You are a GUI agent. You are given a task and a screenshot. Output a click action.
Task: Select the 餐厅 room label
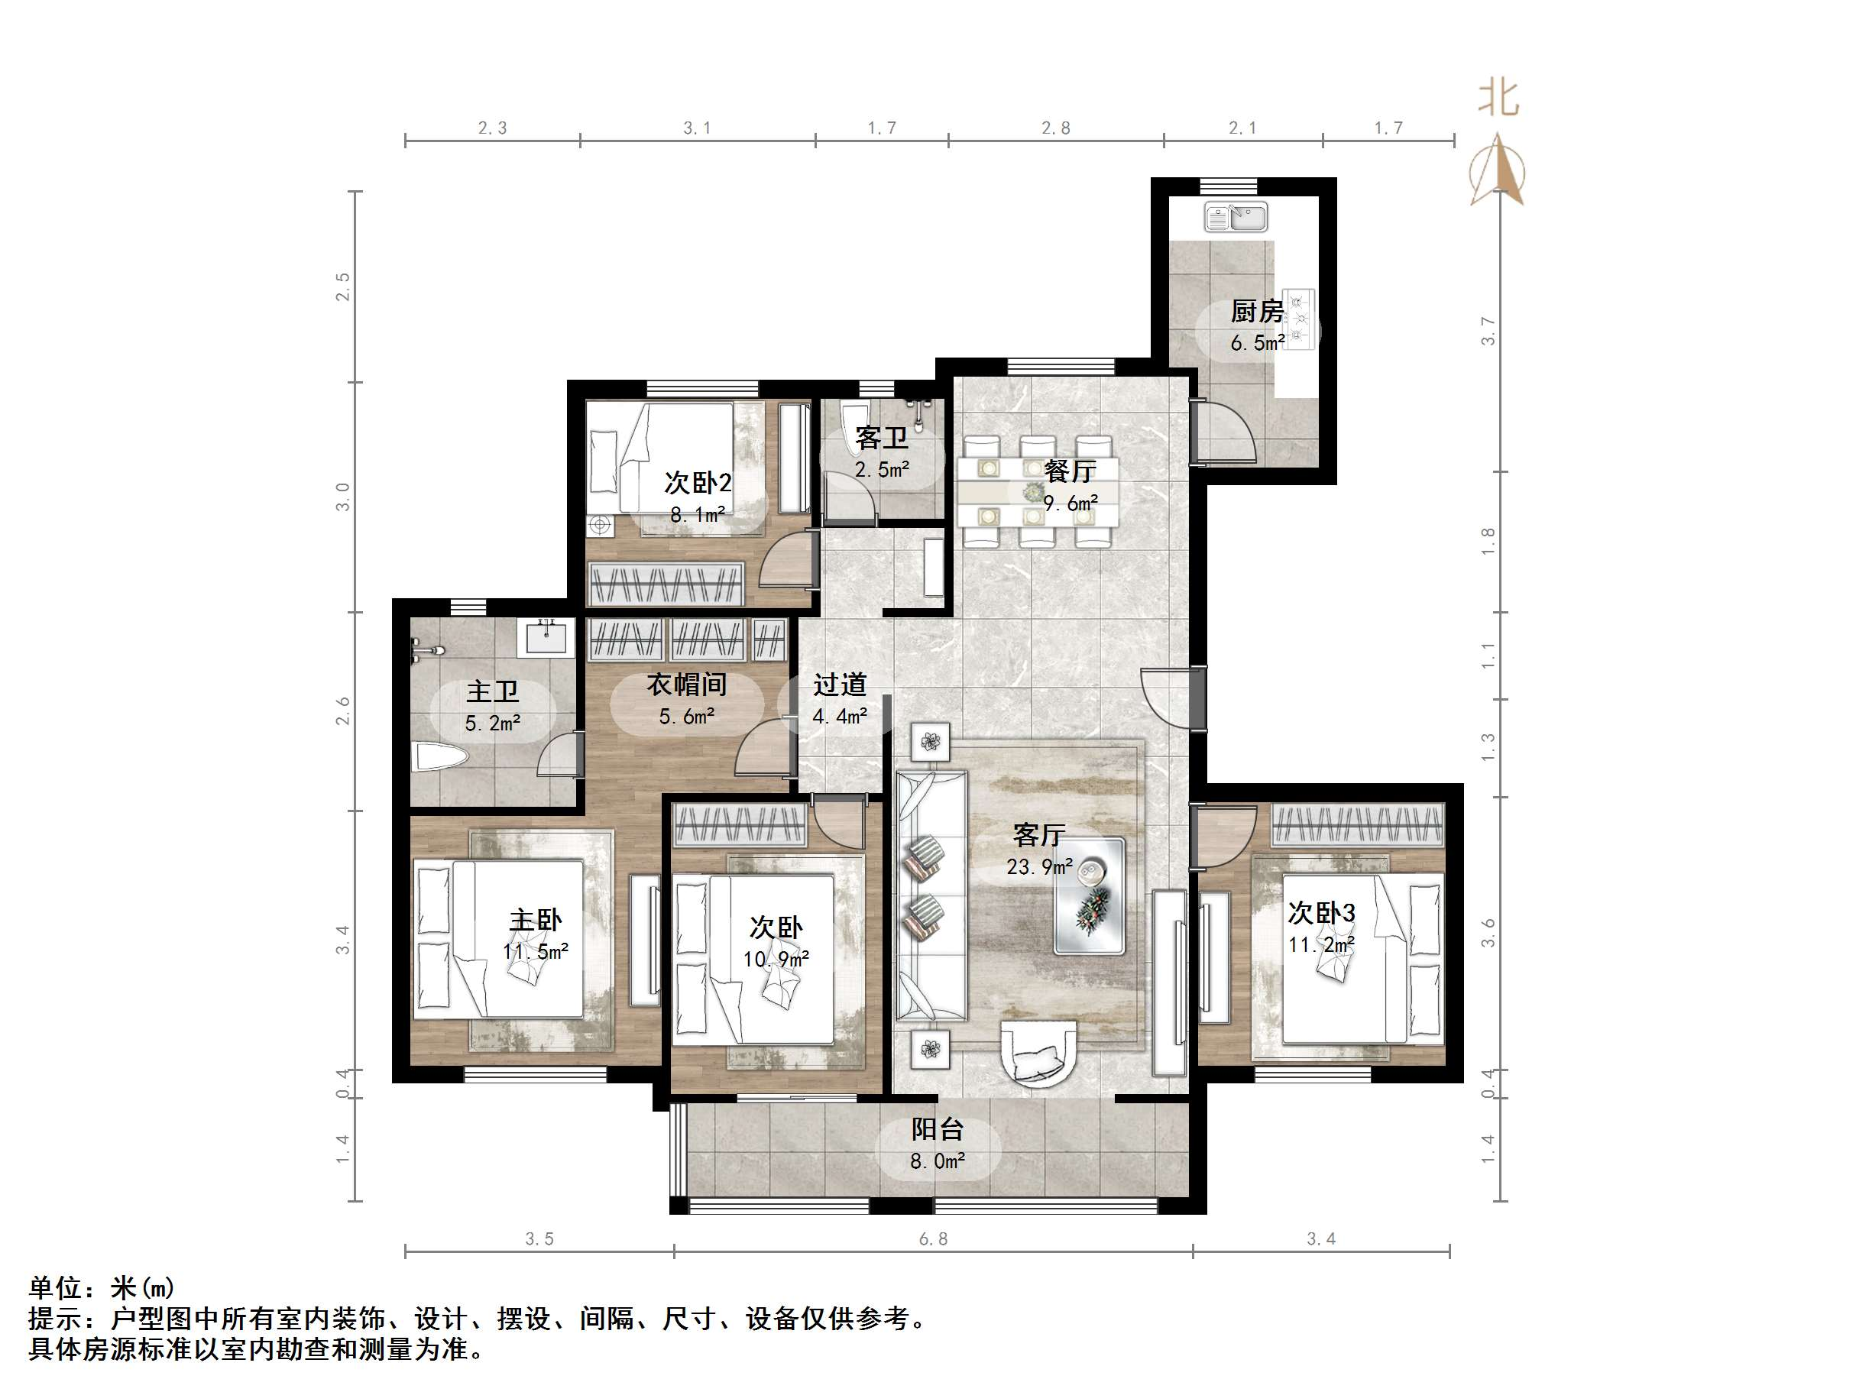1070,471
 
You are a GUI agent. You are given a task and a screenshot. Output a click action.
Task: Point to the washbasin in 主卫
549,638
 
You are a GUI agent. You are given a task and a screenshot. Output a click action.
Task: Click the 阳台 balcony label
938,1128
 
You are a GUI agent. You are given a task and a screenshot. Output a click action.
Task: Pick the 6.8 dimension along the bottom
933,1238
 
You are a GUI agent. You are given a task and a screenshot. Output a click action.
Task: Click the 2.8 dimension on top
1055,128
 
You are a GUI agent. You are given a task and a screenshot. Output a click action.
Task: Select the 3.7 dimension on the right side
1488,331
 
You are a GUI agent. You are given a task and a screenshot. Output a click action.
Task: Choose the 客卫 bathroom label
881,437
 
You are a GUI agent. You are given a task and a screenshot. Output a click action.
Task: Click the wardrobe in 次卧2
666,584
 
